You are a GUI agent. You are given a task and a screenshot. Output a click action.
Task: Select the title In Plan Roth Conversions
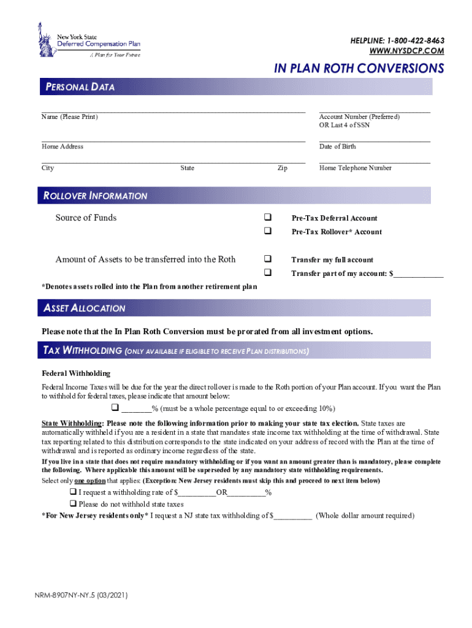click(x=359, y=68)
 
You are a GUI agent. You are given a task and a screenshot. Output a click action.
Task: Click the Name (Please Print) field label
click(x=70, y=117)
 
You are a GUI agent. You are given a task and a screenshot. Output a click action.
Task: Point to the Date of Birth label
click(x=337, y=147)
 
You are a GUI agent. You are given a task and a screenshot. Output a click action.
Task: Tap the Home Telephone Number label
click(x=355, y=168)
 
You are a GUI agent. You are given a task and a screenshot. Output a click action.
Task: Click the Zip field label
click(x=282, y=168)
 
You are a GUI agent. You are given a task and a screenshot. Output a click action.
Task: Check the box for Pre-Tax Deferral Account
click(x=268, y=218)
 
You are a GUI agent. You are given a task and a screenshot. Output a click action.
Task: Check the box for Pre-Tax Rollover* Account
click(x=268, y=231)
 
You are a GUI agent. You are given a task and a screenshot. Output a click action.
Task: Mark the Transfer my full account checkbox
click(x=268, y=259)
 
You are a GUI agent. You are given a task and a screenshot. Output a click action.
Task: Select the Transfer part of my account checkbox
click(x=268, y=273)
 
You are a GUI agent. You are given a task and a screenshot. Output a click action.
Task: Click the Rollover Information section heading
click(x=96, y=196)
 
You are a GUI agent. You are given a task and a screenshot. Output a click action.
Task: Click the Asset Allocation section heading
click(x=85, y=308)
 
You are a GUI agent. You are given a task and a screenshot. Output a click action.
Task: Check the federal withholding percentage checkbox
click(x=114, y=408)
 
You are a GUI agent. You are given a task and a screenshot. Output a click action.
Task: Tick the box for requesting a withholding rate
click(x=72, y=492)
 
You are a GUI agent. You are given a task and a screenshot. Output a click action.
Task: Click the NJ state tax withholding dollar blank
click(x=293, y=516)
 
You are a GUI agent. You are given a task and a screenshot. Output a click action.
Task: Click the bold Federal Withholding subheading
click(x=76, y=373)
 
